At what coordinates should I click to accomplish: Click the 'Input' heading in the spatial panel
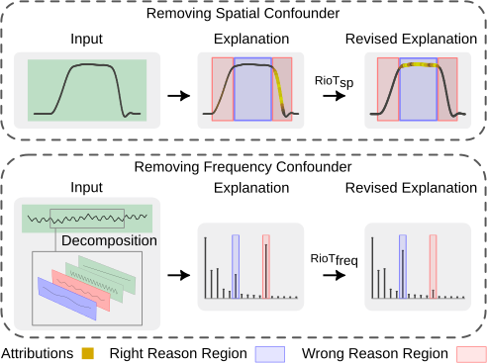tap(87, 42)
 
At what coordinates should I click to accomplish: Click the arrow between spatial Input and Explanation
tap(178, 96)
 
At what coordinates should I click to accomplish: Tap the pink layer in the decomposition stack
tap(84, 285)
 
